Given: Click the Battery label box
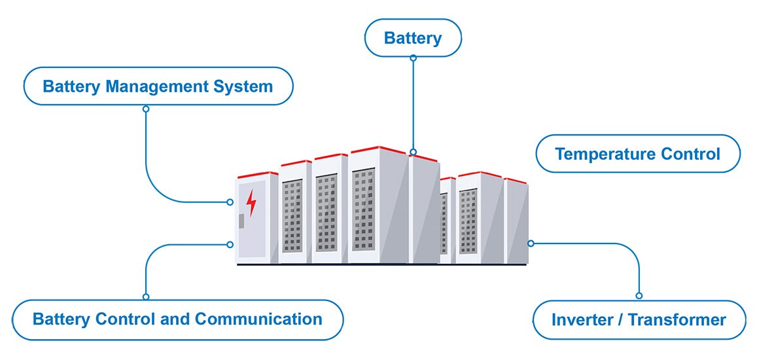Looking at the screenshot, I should [x=413, y=38].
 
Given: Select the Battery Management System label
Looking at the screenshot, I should [x=158, y=86].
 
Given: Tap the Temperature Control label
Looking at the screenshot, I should [x=637, y=154].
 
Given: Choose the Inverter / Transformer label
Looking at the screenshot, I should [x=639, y=320].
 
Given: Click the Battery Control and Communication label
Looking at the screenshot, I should [x=177, y=319].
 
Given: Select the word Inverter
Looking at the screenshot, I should [x=579, y=320].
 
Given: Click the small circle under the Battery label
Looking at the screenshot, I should [x=413, y=58].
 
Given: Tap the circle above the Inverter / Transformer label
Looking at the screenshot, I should [x=639, y=296].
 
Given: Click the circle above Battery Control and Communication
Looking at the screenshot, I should [x=146, y=297].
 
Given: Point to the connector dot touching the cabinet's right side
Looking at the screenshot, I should [x=531, y=243].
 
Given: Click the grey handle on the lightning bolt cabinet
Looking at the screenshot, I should [x=241, y=221].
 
